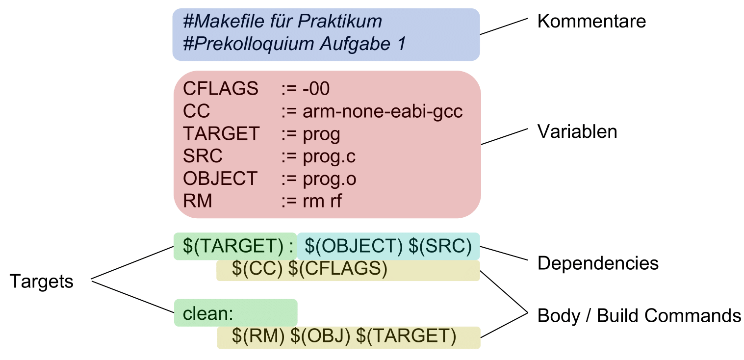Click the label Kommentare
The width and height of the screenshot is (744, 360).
coord(591,22)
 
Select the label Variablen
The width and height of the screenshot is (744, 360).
coord(577,132)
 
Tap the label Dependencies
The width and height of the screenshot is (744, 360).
coord(597,263)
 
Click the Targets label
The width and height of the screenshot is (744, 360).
coord(42,282)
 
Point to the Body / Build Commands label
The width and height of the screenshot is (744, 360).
coord(639,315)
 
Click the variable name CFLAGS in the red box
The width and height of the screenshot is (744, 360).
coord(220,89)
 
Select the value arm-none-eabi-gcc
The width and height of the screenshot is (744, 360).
coord(383,112)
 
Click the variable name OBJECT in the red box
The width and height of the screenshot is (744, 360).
coord(220,179)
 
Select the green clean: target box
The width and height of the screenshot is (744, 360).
coord(235,313)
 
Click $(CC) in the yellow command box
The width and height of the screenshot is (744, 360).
coord(257,270)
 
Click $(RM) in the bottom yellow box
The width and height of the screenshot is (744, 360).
coord(258,337)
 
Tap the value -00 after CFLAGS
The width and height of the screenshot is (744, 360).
coord(316,89)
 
